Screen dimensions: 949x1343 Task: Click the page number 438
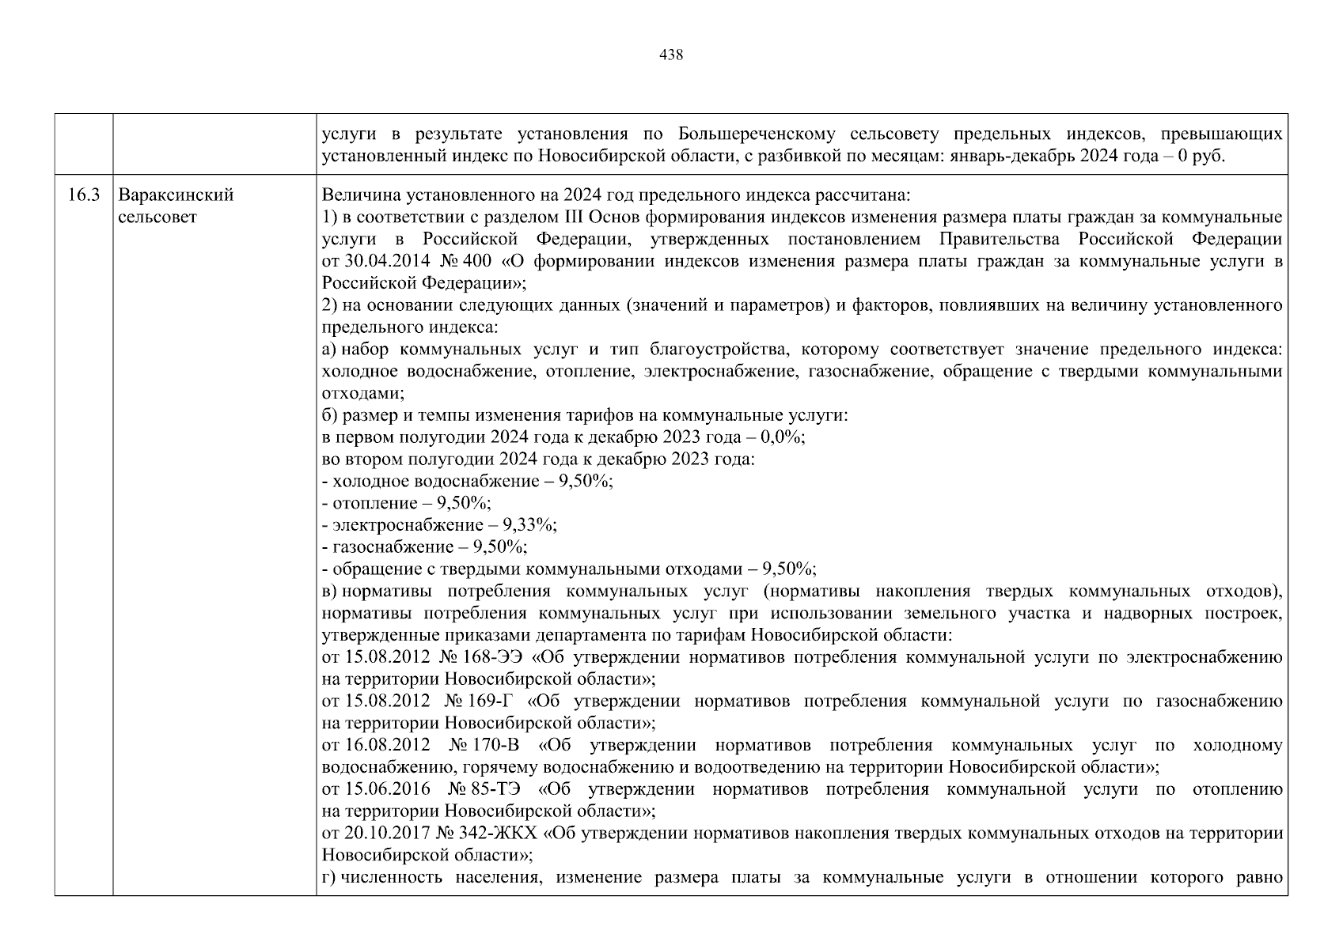tap(671, 55)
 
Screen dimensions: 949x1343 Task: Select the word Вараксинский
tap(176, 195)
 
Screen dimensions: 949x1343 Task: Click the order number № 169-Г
tap(480, 701)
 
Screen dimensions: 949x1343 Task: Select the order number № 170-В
tap(484, 745)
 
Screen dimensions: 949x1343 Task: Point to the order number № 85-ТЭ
tap(484, 789)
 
